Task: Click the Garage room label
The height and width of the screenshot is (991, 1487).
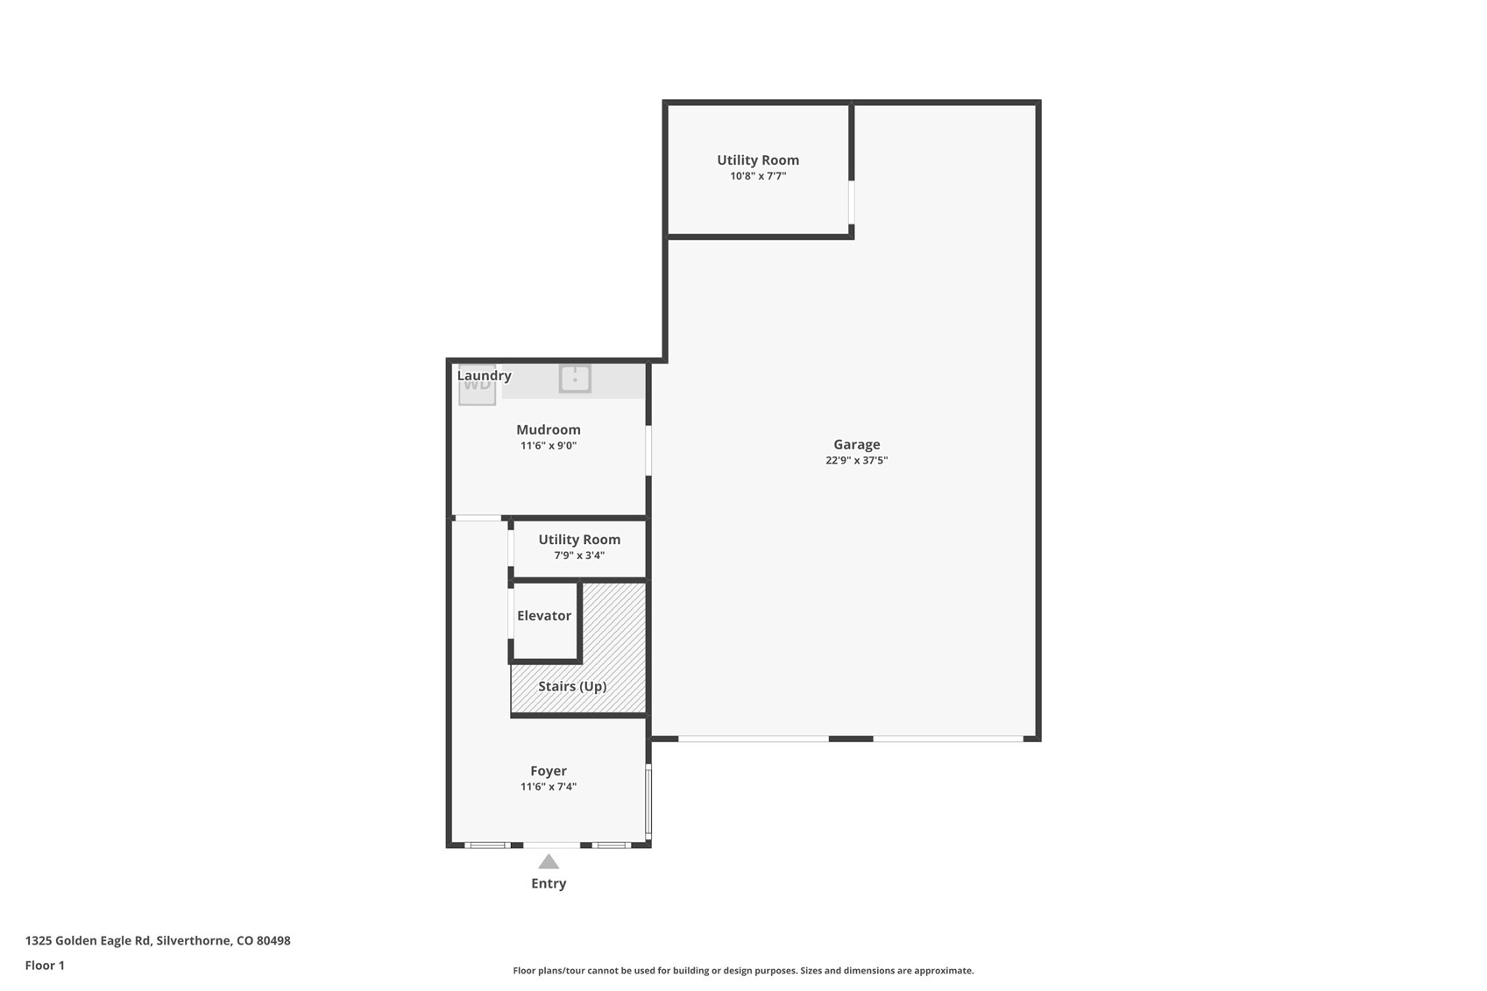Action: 856,444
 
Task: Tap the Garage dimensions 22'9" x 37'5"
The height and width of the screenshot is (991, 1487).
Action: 856,460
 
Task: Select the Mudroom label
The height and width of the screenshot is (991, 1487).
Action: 548,429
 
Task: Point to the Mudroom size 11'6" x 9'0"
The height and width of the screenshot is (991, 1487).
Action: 548,445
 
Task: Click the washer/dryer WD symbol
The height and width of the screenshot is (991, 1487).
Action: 478,386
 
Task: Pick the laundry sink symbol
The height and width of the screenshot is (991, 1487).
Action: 575,379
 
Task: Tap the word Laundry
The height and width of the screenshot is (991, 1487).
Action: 484,375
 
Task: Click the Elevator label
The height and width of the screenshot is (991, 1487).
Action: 543,615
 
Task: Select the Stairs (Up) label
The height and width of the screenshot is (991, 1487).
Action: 571,686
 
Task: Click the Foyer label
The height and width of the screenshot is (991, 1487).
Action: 548,771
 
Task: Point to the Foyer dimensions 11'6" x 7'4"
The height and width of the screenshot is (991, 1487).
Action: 548,787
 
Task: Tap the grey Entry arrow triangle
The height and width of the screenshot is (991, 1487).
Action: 549,861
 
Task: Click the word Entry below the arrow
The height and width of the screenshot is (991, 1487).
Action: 549,883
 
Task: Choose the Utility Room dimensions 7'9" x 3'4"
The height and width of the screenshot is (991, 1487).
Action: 578,556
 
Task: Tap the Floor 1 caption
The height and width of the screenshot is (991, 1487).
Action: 45,965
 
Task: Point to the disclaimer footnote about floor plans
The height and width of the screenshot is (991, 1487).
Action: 743,970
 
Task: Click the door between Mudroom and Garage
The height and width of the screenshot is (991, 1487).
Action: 648,450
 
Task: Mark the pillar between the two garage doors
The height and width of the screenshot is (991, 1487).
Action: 851,739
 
